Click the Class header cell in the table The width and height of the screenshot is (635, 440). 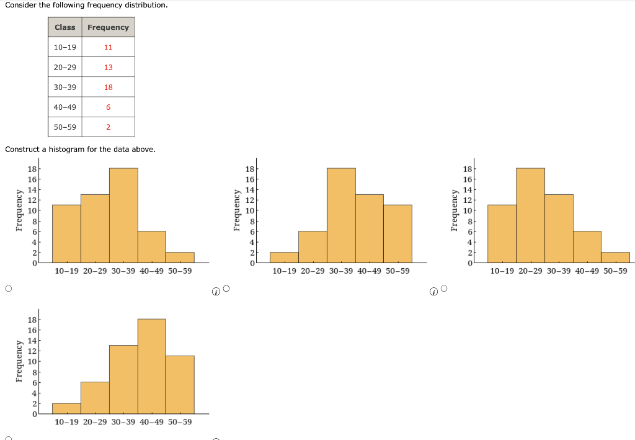coord(64,27)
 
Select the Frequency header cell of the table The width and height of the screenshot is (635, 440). coord(108,27)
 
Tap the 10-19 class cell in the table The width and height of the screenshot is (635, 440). coord(64,47)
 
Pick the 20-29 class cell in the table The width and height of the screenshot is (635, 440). coord(64,67)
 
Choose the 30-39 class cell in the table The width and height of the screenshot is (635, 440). coord(64,88)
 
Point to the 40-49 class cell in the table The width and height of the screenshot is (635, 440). coord(64,107)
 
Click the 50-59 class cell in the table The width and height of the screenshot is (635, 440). coord(64,127)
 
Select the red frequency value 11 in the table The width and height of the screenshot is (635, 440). coord(108,47)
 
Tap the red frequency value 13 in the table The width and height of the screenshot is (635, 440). coord(108,67)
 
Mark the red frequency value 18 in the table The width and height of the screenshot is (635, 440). coord(108,88)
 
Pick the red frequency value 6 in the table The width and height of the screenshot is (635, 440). coord(108,107)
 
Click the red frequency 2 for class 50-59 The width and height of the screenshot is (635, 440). coord(108,127)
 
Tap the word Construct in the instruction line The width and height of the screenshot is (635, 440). coord(23,150)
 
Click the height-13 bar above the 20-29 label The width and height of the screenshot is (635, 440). coord(95,228)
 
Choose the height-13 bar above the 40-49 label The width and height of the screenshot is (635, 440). coord(369,228)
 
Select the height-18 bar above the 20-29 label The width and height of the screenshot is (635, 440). coord(530,215)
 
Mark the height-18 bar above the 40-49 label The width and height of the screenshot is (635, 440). coord(151,366)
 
